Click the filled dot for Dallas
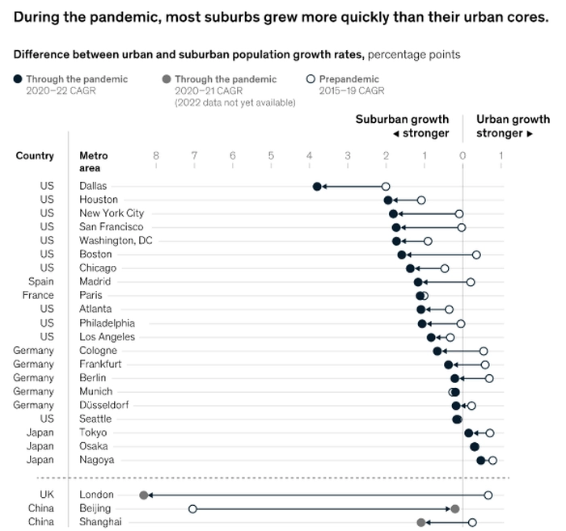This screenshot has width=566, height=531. tap(317, 186)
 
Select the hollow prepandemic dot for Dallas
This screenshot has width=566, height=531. tap(386, 186)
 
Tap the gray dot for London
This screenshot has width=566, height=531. tap(144, 495)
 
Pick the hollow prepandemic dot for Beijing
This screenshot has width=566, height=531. tap(192, 508)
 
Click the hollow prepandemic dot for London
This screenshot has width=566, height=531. tap(488, 495)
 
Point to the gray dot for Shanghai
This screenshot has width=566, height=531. tap(420, 522)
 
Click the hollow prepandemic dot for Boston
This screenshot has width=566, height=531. tap(476, 255)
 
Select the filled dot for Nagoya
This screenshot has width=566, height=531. tap(481, 460)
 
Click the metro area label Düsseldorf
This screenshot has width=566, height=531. tap(103, 405)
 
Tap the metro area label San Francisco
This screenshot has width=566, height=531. tap(112, 227)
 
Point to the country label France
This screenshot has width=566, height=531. tap(38, 296)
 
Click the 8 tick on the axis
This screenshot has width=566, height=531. tap(155, 156)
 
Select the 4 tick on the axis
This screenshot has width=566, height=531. tap(309, 156)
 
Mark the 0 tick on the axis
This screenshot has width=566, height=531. tap(463, 156)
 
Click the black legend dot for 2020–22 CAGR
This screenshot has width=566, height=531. tap(18, 79)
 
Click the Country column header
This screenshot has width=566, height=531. tap(35, 156)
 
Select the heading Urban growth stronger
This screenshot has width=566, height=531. tap(513, 126)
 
